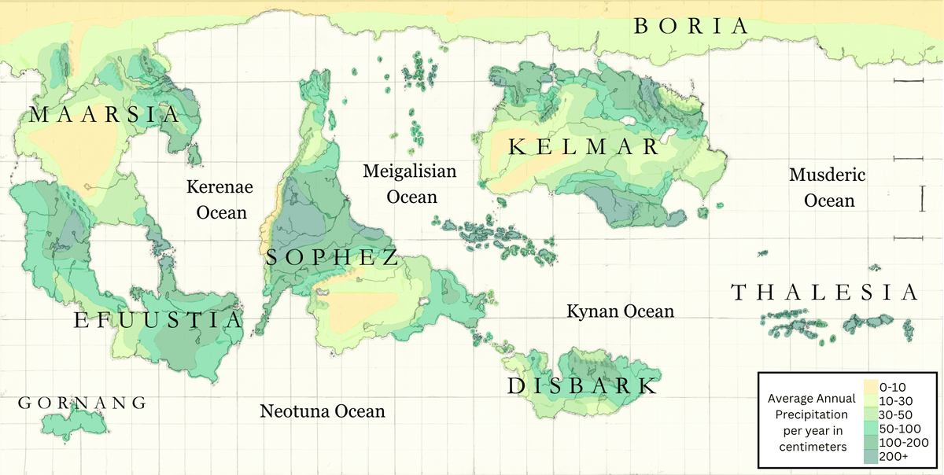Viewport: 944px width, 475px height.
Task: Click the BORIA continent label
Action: click(x=691, y=26)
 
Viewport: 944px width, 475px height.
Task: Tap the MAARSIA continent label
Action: click(x=104, y=116)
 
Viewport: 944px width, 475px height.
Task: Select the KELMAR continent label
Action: click(x=583, y=147)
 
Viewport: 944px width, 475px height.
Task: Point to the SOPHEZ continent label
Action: click(x=331, y=257)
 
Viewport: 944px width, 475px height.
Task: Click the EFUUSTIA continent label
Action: click(x=158, y=321)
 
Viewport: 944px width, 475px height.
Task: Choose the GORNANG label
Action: click(x=82, y=403)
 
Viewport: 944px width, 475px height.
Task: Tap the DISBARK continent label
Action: click(x=581, y=386)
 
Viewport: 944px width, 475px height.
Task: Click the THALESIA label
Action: click(x=824, y=293)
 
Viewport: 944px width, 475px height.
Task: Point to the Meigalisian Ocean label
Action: click(x=410, y=183)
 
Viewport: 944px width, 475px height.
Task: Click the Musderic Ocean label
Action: click(x=828, y=187)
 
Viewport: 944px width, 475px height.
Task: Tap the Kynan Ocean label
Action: click(x=620, y=312)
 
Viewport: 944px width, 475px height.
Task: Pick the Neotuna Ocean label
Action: click(x=323, y=411)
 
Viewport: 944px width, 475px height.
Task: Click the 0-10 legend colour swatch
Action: click(x=869, y=387)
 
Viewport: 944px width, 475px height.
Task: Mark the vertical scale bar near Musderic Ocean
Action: click(x=921, y=198)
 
